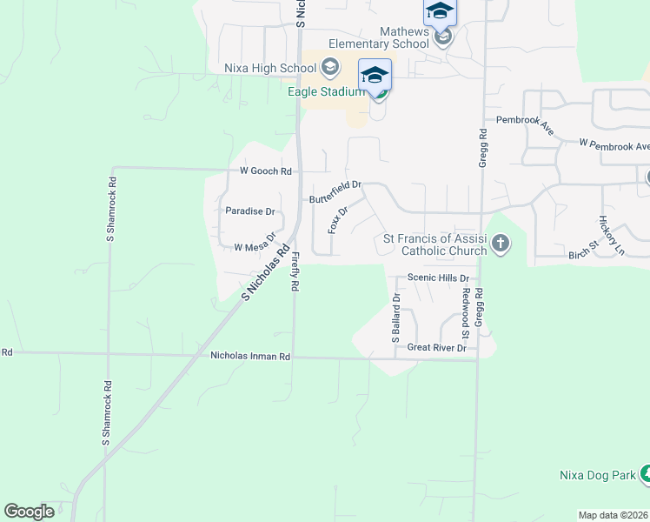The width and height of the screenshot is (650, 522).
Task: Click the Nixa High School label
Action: coord(270,68)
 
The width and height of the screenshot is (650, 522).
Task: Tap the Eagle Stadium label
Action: coord(328,90)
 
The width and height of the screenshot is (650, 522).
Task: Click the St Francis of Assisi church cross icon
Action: coord(501,244)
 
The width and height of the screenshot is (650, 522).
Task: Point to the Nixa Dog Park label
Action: coord(597,475)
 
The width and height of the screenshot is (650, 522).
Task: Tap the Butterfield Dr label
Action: coord(335,198)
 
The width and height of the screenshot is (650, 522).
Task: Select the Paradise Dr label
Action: coord(249,211)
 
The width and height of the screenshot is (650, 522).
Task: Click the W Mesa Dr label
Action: coord(255,244)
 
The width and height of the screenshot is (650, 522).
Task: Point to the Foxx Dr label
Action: coord(337,219)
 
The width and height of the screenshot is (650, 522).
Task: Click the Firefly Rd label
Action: coord(295,271)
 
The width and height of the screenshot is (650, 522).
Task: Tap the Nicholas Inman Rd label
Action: coord(250,356)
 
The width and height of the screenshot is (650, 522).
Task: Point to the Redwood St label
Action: coord(466,314)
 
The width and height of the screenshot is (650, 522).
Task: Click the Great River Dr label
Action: coord(437,348)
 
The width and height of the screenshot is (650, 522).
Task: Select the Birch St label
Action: coord(584,251)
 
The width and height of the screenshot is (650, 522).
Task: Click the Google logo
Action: coord(29,512)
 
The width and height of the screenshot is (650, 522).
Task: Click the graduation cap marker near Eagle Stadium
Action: coord(375,75)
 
